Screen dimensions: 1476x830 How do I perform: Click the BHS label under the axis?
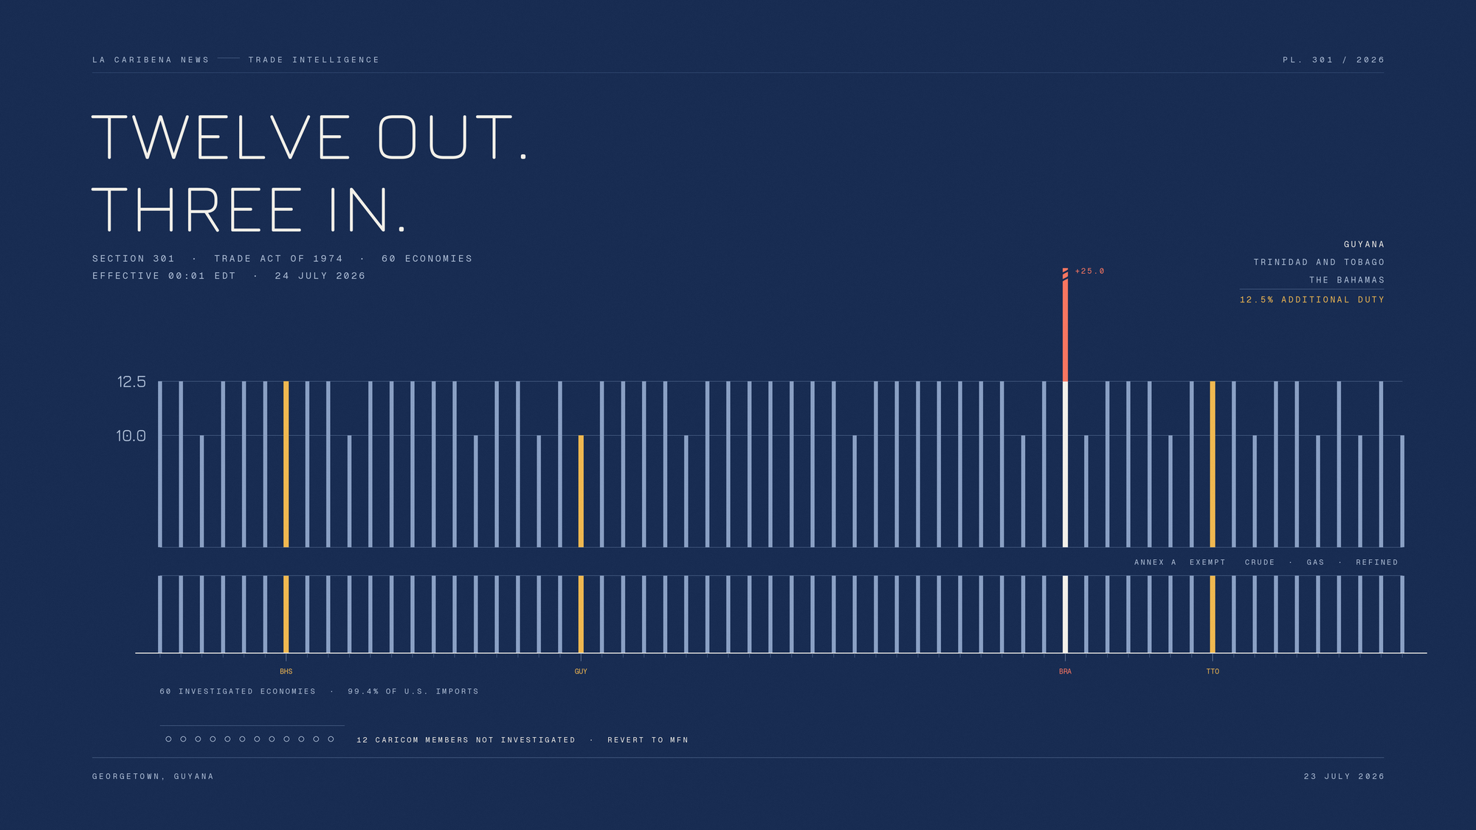[x=286, y=671]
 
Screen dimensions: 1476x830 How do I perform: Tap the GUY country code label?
[x=581, y=671]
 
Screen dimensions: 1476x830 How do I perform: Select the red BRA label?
[x=1065, y=671]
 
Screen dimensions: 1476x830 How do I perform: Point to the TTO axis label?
[x=1213, y=671]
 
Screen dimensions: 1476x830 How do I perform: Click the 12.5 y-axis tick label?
[x=131, y=382]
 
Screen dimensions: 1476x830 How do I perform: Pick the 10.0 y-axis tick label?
[x=131, y=436]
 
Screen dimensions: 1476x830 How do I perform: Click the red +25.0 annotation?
[x=1089, y=272]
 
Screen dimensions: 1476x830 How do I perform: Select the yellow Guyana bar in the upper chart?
[x=581, y=491]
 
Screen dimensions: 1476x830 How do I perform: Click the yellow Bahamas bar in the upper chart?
[x=286, y=464]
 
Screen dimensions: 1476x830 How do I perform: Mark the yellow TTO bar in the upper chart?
[x=1213, y=464]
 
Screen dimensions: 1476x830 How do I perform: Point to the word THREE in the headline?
[x=197, y=210]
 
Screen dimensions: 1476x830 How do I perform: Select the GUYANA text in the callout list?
[x=1364, y=244]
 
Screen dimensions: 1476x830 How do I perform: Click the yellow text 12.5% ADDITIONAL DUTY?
[x=1312, y=300]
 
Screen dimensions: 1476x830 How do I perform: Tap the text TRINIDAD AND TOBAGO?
[x=1319, y=262]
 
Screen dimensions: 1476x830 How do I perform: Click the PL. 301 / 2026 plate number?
[x=1334, y=60]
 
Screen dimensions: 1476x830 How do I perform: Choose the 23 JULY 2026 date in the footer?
[x=1344, y=776]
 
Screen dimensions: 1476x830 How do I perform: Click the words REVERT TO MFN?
[x=648, y=740]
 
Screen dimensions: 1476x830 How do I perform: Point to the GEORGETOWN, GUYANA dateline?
[x=153, y=776]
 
